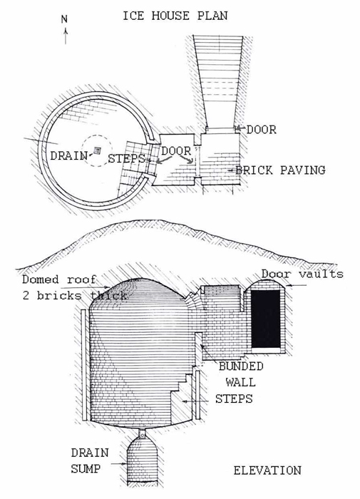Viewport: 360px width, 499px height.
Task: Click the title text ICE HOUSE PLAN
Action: (175, 16)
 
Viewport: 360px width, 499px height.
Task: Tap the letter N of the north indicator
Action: (64, 19)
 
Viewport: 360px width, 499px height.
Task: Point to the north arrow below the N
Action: (66, 36)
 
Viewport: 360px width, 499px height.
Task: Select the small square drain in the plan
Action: (98, 150)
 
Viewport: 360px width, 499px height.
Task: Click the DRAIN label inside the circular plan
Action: (68, 155)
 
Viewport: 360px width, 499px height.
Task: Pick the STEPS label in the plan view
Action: (127, 158)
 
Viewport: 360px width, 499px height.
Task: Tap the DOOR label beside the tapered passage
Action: (262, 130)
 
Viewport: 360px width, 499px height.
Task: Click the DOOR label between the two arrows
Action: (176, 150)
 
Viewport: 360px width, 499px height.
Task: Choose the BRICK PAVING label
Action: (280, 170)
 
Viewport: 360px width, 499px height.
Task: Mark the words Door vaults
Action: (302, 274)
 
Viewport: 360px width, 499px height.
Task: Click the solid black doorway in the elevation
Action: (266, 319)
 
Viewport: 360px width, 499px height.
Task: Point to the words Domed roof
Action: (59, 279)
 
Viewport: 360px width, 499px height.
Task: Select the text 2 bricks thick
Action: (75, 295)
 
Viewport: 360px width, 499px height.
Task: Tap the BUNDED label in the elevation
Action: (241, 366)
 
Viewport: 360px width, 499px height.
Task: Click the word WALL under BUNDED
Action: (241, 381)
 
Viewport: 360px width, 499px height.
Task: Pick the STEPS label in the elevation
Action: (234, 398)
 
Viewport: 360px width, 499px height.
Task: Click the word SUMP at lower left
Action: (86, 468)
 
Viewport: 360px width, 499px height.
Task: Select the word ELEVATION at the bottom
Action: (267, 470)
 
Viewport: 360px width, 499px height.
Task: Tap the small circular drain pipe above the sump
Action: (143, 433)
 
